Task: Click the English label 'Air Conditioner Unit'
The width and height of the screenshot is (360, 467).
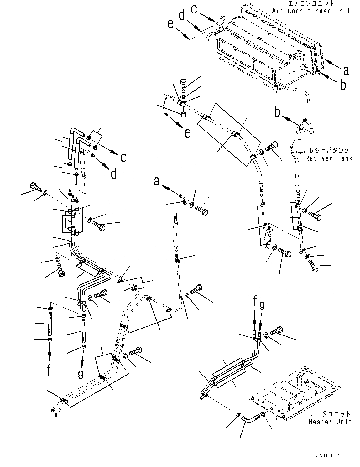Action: [311, 11]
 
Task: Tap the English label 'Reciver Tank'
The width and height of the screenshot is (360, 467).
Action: [329, 158]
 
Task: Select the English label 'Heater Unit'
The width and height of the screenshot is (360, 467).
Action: [330, 422]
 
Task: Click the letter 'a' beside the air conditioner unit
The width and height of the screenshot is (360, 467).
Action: [346, 70]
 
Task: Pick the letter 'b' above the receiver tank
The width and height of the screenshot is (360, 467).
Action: [277, 112]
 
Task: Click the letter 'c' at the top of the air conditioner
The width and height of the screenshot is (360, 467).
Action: [194, 9]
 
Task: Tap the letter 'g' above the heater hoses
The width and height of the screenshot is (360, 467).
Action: [262, 304]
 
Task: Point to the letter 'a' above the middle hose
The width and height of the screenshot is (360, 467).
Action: [157, 181]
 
